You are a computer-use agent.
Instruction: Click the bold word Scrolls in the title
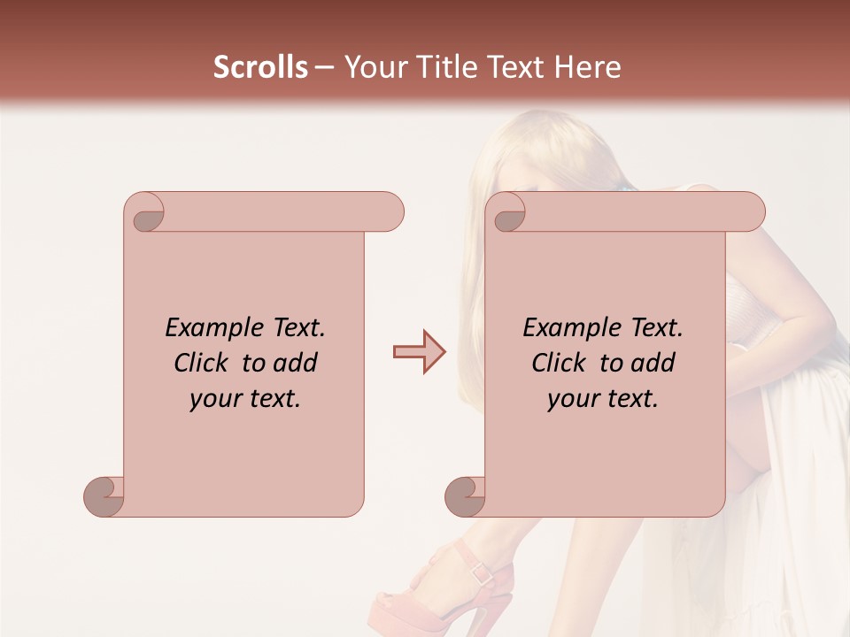[x=260, y=67]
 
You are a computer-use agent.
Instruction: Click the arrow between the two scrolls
[x=419, y=351]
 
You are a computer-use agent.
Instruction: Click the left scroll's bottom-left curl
[x=104, y=495]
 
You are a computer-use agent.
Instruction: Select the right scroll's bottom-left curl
[x=465, y=495]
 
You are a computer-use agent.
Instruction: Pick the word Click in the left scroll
[x=203, y=363]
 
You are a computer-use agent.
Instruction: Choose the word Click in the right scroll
[x=560, y=363]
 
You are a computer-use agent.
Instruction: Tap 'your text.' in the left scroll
[x=244, y=399]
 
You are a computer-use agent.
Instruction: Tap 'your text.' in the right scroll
[x=602, y=399]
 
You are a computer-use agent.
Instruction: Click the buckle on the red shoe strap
[x=482, y=573]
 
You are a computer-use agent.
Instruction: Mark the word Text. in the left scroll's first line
[x=296, y=328]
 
